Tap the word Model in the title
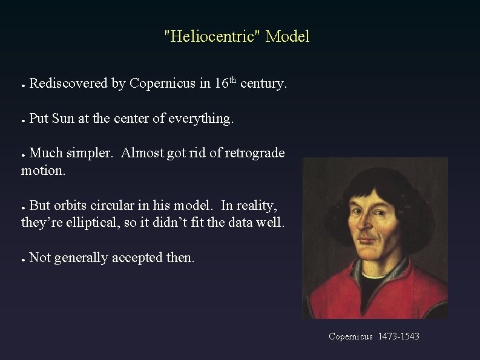(288, 37)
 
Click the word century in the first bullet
(261, 84)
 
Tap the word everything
(202, 119)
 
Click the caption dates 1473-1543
(399, 335)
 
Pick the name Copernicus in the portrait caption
(351, 335)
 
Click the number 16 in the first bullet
(220, 83)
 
